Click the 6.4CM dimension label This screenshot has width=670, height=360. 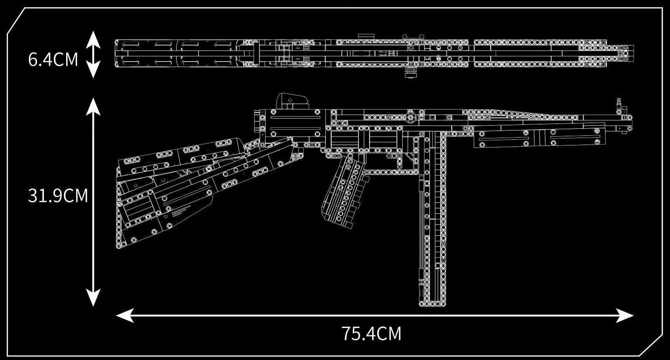[x=53, y=60]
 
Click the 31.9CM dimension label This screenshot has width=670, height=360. [x=58, y=196]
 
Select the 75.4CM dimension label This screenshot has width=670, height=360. [x=371, y=334]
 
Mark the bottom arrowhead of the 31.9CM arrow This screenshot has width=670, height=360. [x=93, y=300]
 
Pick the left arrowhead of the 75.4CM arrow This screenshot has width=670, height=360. [x=123, y=315]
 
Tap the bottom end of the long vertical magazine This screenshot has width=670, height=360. [x=432, y=303]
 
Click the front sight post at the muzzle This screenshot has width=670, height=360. [x=619, y=105]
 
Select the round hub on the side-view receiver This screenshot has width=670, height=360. [x=411, y=117]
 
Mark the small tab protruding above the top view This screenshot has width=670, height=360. [x=364, y=36]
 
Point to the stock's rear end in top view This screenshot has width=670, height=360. [x=117, y=54]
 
